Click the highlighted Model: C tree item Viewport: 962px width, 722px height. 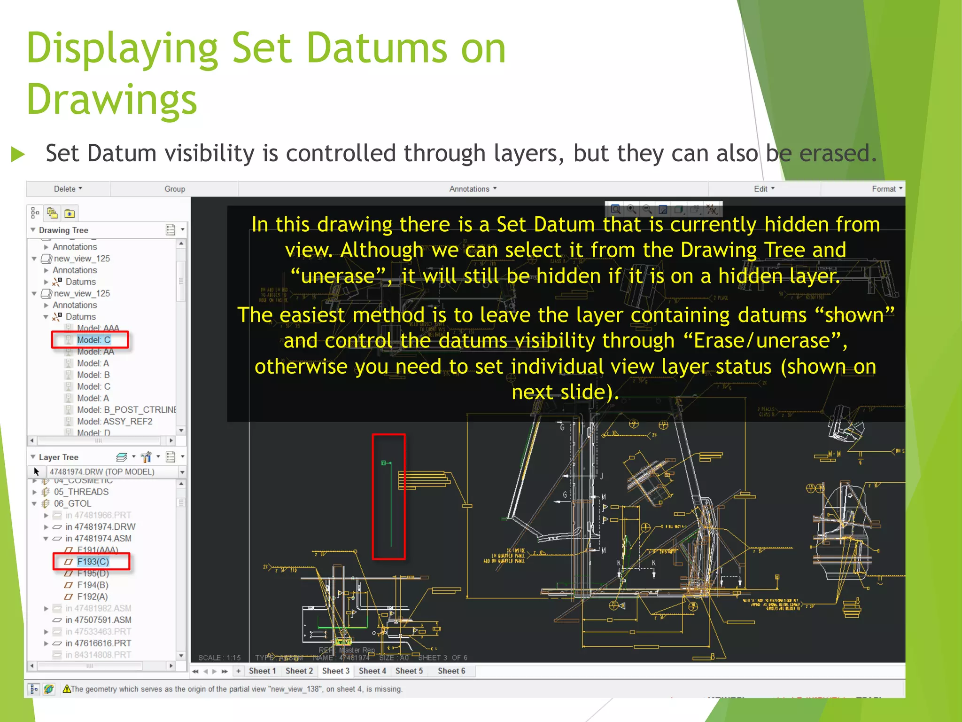[x=93, y=340]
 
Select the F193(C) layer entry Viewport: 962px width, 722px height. [x=93, y=562]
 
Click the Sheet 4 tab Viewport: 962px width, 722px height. [x=372, y=671]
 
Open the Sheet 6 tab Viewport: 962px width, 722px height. [x=451, y=671]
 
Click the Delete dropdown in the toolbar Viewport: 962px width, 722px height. [x=68, y=189]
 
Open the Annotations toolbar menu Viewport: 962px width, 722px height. [x=473, y=189]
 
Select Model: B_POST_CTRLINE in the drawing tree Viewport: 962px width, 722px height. [x=126, y=410]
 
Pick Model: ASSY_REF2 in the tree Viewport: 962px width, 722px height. [x=114, y=422]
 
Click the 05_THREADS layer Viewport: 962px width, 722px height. [x=81, y=492]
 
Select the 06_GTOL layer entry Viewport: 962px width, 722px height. [x=72, y=503]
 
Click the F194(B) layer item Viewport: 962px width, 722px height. [x=93, y=585]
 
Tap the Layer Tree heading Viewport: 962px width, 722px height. [x=58, y=457]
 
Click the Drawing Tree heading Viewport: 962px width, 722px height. [x=63, y=230]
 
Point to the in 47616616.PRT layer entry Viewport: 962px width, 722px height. [x=98, y=643]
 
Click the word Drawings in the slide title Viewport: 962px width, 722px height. [x=112, y=100]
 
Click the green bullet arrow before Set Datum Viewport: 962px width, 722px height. [x=18, y=154]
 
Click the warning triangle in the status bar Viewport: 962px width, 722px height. [x=67, y=689]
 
